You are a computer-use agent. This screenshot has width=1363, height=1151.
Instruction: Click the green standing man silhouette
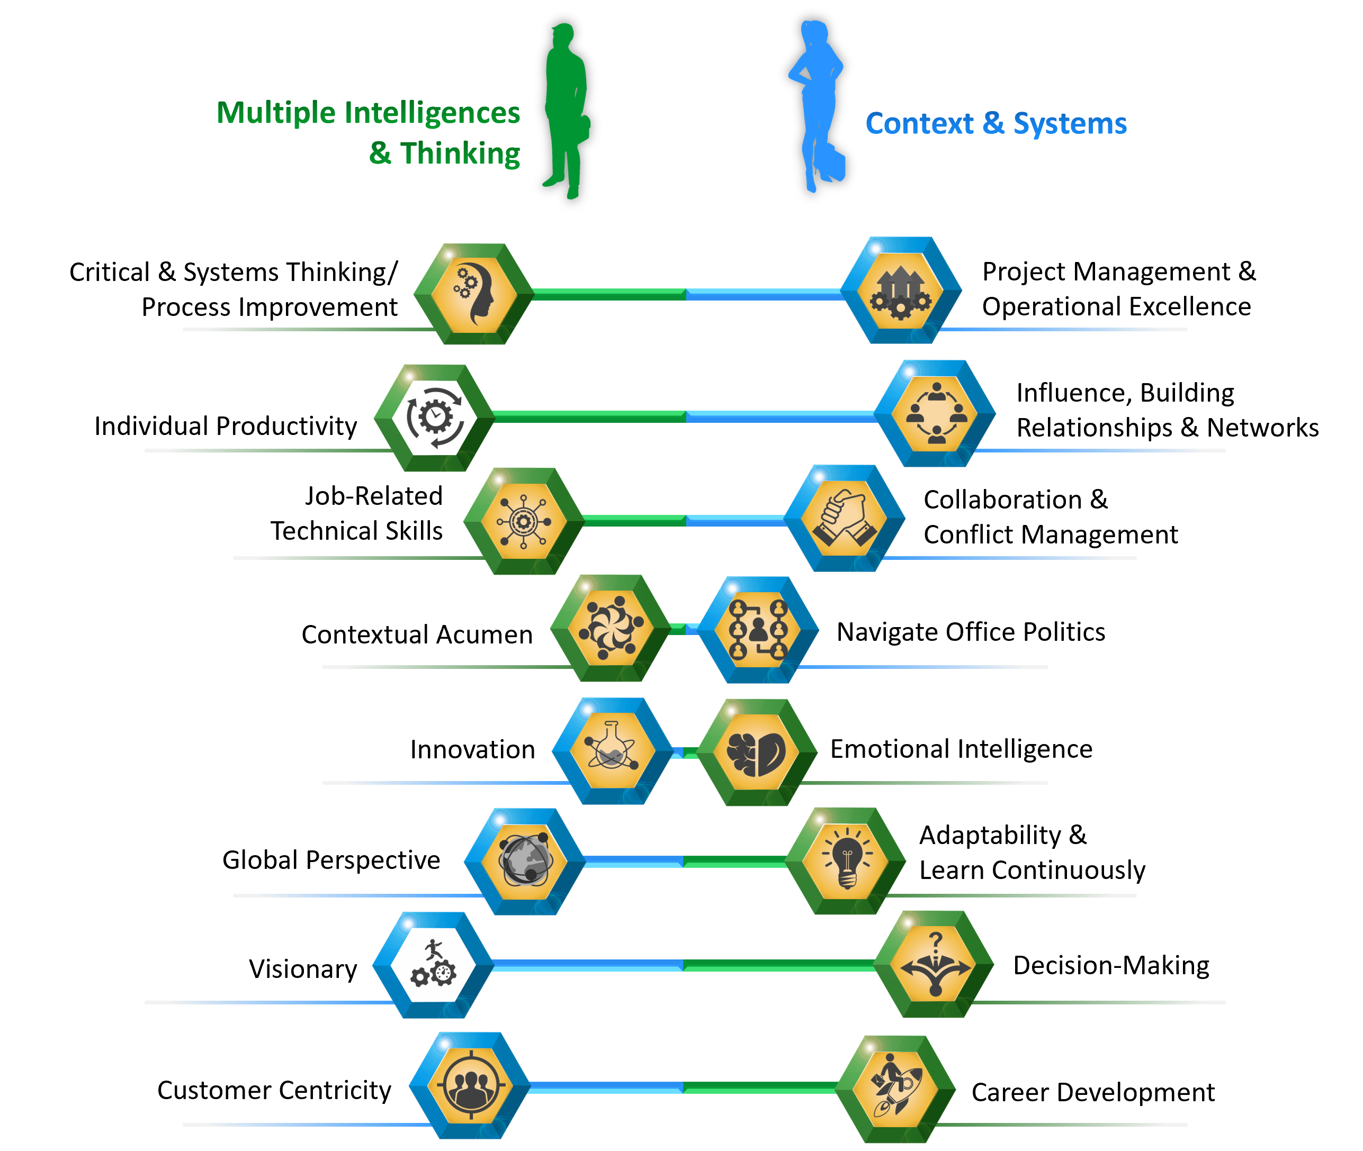pyautogui.click(x=567, y=111)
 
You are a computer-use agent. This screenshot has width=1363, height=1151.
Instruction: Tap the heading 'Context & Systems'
pyautogui.click(x=996, y=123)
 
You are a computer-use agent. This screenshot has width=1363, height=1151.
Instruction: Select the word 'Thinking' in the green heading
pyautogui.click(x=460, y=154)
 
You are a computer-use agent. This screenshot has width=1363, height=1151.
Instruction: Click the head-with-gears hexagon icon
pyautogui.click(x=474, y=294)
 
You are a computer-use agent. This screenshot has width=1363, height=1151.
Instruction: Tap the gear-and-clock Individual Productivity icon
pyautogui.click(x=435, y=418)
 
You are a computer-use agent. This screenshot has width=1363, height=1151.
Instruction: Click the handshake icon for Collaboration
pyautogui.click(x=844, y=518)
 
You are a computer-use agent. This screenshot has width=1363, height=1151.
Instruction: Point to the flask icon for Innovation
pyautogui.click(x=612, y=750)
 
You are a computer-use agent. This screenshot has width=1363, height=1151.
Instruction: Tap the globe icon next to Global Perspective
pyautogui.click(x=525, y=862)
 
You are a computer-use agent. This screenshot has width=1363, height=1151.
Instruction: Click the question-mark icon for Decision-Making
pyautogui.click(x=934, y=964)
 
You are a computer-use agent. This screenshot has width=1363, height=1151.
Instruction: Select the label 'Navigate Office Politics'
pyautogui.click(x=971, y=632)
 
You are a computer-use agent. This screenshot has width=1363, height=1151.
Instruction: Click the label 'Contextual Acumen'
pyautogui.click(x=417, y=634)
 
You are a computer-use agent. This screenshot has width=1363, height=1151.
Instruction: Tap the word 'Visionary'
pyautogui.click(x=303, y=969)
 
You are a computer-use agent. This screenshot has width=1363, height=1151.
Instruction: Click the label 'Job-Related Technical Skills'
pyautogui.click(x=356, y=513)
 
